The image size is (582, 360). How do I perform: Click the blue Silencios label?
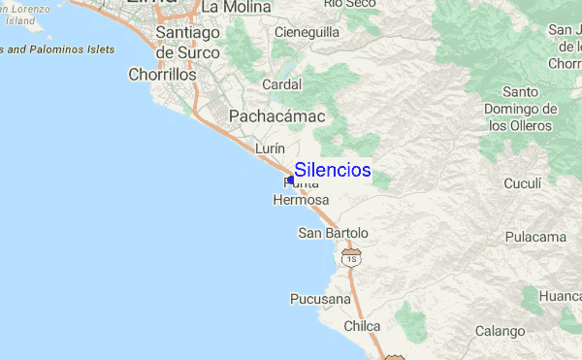click(332, 170)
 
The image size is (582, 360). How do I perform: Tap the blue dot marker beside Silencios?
click(291, 180)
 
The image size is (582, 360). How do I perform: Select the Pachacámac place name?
click(276, 116)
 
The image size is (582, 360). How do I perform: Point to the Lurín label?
click(269, 148)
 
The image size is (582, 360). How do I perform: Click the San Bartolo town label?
click(333, 233)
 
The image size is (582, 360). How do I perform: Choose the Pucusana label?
click(320, 299)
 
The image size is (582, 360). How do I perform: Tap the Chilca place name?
click(362, 326)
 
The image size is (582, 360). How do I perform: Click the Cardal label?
click(281, 83)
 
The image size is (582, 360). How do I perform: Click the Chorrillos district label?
click(162, 74)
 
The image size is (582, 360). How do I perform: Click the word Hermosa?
click(302, 200)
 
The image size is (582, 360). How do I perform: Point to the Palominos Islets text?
click(58, 49)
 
